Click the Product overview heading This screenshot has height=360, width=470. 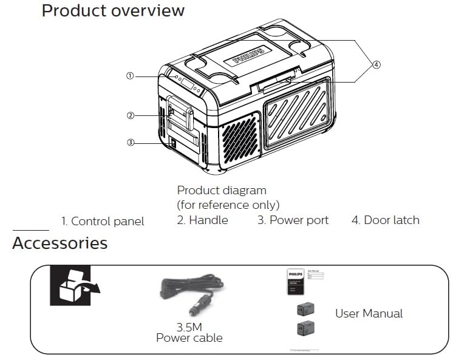click(113, 11)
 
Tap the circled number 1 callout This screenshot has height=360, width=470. click(129, 76)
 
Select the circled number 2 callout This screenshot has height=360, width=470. click(130, 115)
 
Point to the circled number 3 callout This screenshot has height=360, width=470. click(130, 143)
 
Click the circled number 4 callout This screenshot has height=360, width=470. click(376, 65)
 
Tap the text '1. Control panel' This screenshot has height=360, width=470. click(103, 221)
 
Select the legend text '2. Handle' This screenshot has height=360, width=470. click(202, 220)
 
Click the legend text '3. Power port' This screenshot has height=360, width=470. click(293, 220)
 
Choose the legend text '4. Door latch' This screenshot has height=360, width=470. click(385, 220)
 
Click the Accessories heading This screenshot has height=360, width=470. click(60, 243)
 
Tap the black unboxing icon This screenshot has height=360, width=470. click(70, 285)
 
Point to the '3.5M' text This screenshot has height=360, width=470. click(189, 327)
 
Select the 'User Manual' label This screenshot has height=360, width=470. click(369, 313)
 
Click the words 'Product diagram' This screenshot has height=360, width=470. click(222, 191)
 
